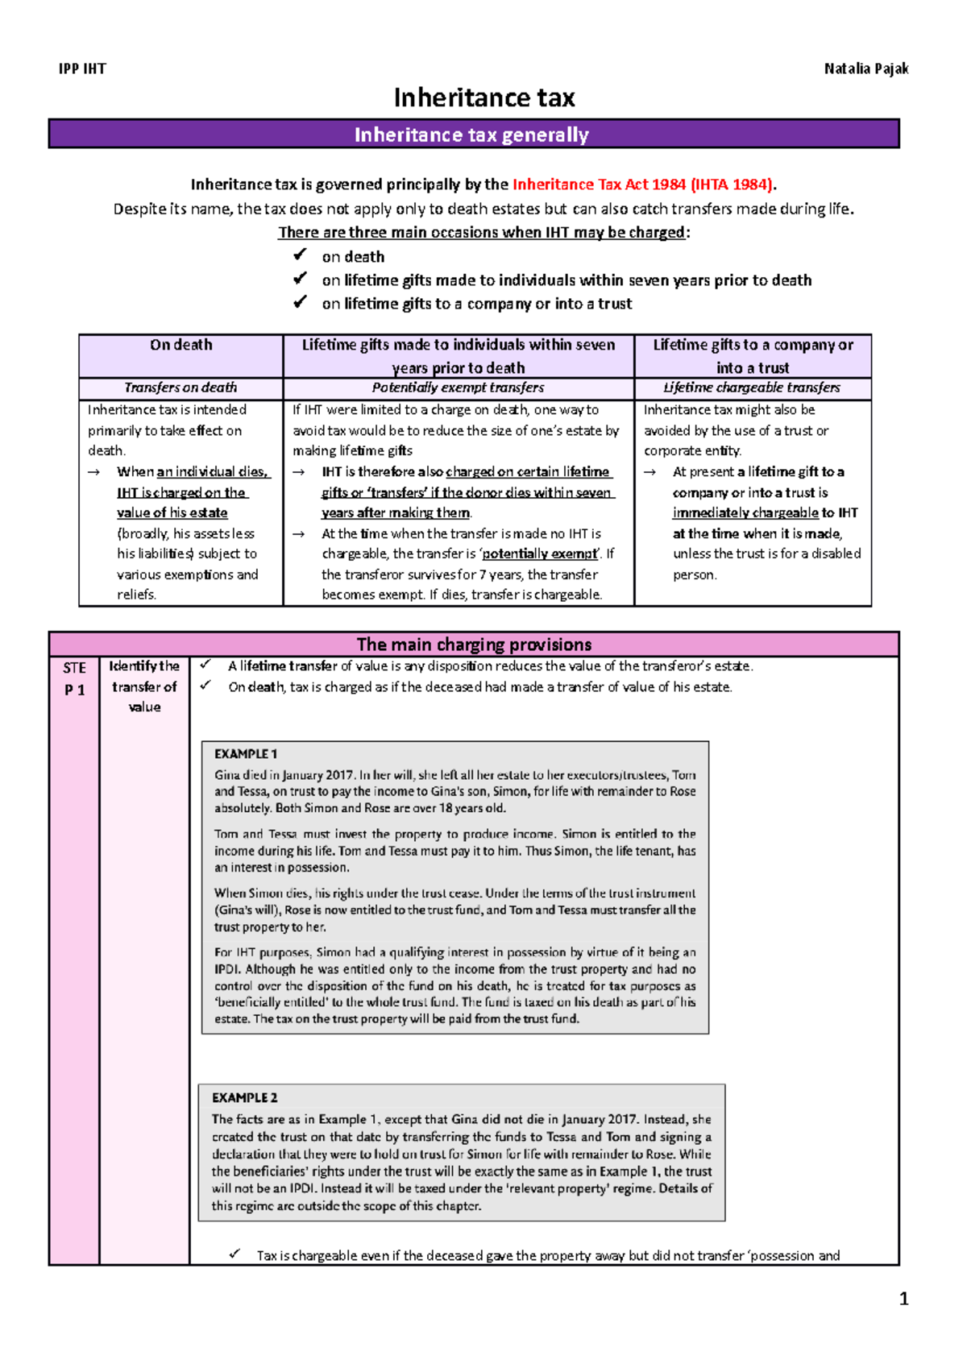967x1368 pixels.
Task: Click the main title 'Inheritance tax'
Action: [x=483, y=98]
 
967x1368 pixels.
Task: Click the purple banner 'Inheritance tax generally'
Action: [x=472, y=135]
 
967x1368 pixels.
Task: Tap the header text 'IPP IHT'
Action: [x=82, y=69]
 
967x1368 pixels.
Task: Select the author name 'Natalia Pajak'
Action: [x=865, y=69]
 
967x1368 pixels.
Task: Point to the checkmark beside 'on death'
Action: [x=300, y=255]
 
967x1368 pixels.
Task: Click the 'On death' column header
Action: [x=181, y=346]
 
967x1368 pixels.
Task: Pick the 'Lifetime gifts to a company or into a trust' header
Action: [x=753, y=356]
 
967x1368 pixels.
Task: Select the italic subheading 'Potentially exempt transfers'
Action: [x=458, y=388]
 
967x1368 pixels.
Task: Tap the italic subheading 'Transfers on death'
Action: [x=181, y=388]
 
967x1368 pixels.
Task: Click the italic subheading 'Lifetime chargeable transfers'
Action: [x=752, y=388]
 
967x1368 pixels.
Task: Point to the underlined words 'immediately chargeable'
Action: [x=745, y=513]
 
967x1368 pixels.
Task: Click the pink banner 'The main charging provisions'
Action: [x=474, y=645]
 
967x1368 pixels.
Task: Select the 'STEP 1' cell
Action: [x=74, y=678]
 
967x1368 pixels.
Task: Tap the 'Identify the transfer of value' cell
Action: [x=144, y=686]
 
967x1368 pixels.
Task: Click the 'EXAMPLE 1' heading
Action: [x=246, y=754]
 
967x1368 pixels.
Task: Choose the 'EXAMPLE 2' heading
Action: [x=245, y=1098]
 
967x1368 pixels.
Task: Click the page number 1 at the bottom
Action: [x=903, y=1299]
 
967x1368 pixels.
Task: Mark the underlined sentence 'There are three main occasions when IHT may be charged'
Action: [x=482, y=233]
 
